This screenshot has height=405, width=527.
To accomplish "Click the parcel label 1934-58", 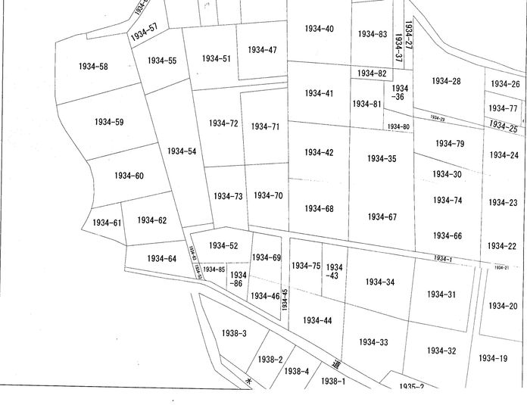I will point(93,67).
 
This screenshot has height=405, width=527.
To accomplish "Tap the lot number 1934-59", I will point(109,122).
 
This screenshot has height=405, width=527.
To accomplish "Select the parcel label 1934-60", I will point(129,176).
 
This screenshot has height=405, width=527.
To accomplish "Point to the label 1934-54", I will point(182,151).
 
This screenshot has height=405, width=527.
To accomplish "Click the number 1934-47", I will point(262,50).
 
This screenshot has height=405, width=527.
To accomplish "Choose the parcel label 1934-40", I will point(319,29).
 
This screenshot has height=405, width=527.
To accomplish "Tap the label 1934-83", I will point(373,34).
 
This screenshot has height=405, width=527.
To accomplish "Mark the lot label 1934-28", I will point(446,81).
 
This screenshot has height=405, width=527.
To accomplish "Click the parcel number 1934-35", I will point(381,159).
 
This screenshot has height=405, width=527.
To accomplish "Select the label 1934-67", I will point(382,217).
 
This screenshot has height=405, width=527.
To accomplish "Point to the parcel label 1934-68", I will point(319,208).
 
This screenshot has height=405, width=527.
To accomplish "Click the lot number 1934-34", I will point(379,282).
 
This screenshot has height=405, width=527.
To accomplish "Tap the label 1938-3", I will point(235,333).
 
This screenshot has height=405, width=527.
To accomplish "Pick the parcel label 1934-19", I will point(493,358).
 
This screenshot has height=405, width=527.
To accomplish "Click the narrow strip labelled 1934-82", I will point(371,73).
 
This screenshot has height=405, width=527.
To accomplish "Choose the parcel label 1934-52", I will point(223,245).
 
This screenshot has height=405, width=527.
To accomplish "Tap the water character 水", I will point(247,382).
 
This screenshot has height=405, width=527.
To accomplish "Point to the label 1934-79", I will point(450,144).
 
